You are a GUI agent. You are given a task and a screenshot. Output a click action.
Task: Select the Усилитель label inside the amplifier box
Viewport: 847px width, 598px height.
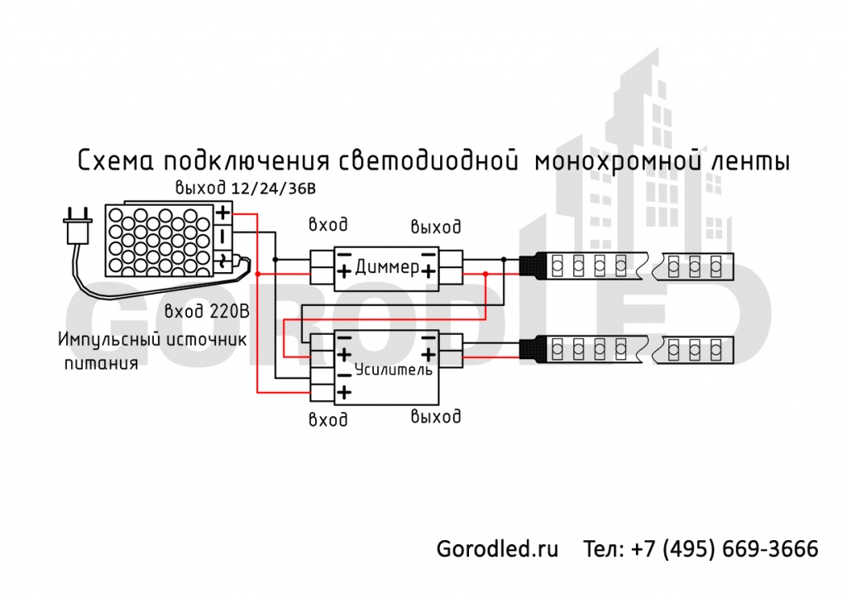392,370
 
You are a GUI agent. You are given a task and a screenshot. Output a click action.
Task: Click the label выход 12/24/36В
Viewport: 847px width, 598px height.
245,189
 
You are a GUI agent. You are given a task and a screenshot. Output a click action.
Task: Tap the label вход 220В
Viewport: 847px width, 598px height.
206,312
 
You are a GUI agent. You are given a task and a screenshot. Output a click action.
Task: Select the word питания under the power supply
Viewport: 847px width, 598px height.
101,362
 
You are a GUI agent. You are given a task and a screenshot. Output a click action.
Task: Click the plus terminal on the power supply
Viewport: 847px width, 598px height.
223,213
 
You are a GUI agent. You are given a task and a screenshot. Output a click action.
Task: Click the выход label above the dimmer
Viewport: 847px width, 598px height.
436,226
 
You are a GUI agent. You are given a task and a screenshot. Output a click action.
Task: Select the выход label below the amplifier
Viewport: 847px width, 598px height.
436,415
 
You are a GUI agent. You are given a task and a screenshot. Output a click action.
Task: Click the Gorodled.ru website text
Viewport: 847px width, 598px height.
497,548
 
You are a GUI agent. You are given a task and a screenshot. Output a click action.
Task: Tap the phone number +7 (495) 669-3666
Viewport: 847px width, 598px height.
724,548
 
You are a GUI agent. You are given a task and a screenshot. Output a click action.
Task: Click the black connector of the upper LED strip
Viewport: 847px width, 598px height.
534,266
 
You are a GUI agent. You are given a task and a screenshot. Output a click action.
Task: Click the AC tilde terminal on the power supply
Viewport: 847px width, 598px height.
223,263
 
